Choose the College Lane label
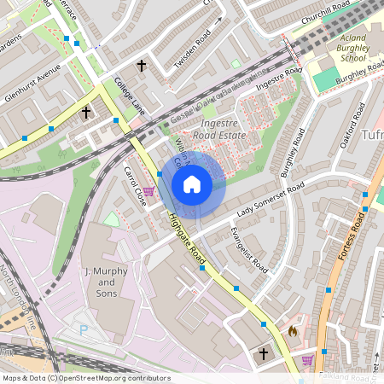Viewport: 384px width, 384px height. point(130,95)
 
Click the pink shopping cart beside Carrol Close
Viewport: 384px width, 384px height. point(149,191)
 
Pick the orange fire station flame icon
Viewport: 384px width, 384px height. point(293,330)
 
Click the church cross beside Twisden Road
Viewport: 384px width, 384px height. point(143,65)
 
